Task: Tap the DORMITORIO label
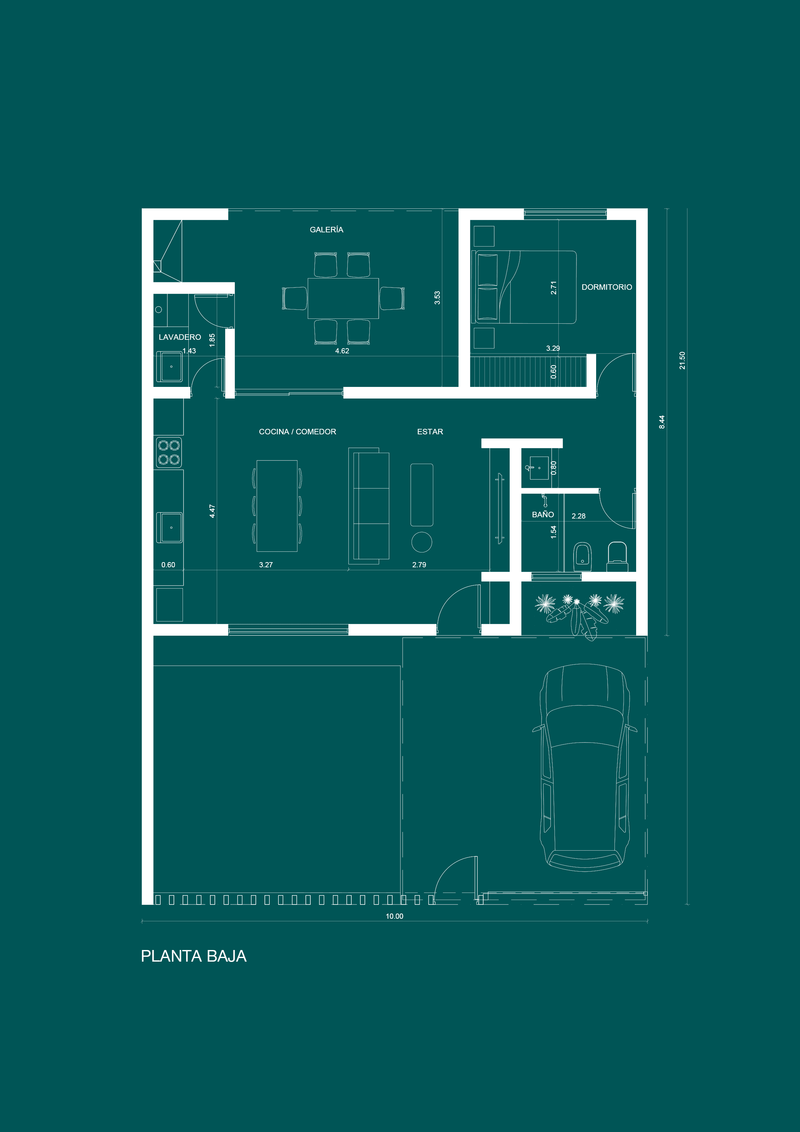(x=607, y=287)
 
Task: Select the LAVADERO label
(x=180, y=337)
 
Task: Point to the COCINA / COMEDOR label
(x=297, y=431)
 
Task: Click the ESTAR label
(x=430, y=431)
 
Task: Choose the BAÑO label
(x=543, y=514)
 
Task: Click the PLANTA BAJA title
(x=194, y=956)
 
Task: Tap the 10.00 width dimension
(x=394, y=916)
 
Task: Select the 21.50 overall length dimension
(x=682, y=360)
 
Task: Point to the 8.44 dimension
(x=662, y=422)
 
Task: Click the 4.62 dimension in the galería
(x=342, y=351)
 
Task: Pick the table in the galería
(x=343, y=298)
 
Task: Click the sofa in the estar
(x=369, y=506)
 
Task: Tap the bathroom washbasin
(x=539, y=468)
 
